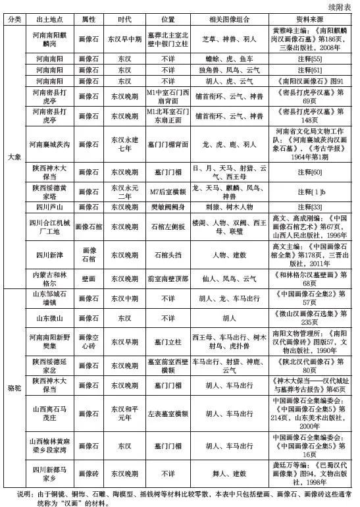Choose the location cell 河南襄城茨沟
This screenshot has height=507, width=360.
(x=54, y=144)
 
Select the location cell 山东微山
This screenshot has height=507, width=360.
(x=54, y=317)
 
